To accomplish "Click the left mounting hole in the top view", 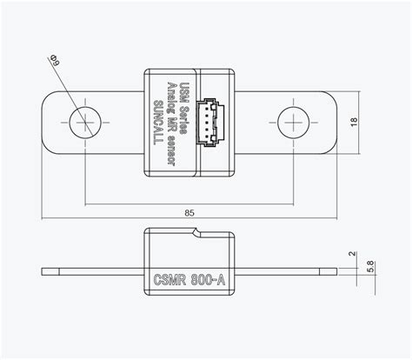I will coord(84,123).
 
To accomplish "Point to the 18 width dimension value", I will coord(378,122).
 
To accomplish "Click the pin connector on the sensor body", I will coord(214,123).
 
